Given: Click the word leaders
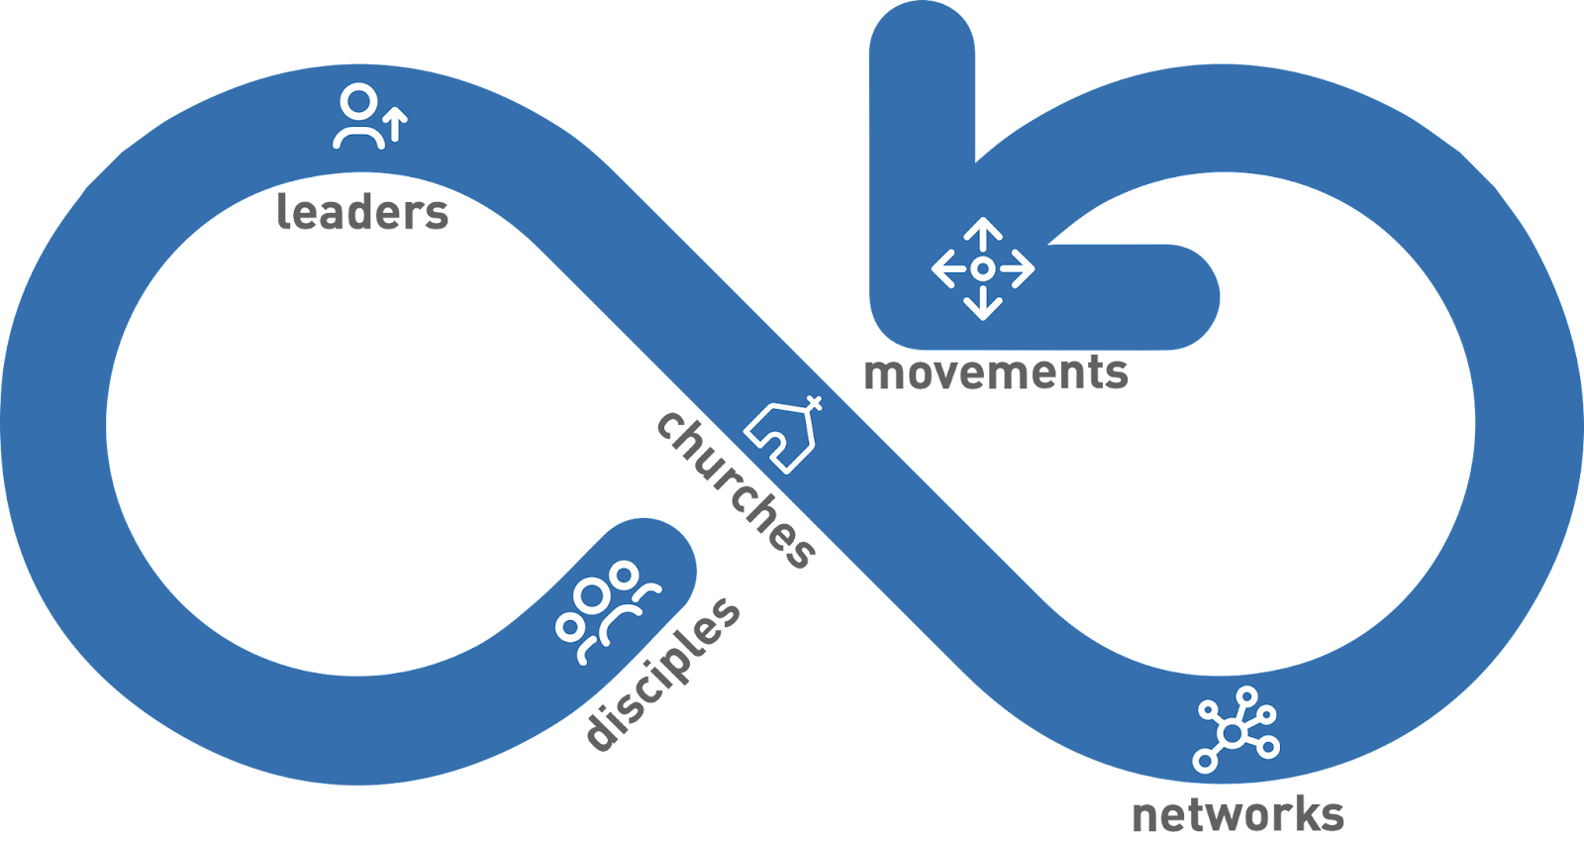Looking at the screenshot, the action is coord(362,212).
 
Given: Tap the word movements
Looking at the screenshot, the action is coord(995,373).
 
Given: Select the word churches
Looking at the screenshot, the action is coord(738,489).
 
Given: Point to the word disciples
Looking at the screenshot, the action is coord(662,674).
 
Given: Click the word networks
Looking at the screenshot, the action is coord(1237,814).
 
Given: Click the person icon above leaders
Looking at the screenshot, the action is coord(358,117).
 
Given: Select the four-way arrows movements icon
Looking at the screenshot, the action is coord(982,268).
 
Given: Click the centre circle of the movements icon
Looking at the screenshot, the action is coord(982,268).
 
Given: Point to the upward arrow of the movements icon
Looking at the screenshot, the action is coord(982,234).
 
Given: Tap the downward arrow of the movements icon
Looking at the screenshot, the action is coord(982,304).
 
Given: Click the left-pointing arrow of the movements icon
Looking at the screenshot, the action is coord(945,268).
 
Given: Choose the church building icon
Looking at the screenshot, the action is coord(783,436).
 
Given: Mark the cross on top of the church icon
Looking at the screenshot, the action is coord(814,403).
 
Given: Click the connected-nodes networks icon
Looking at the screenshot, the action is coord(1236,730).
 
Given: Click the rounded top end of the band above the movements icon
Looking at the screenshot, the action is coord(922,40).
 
